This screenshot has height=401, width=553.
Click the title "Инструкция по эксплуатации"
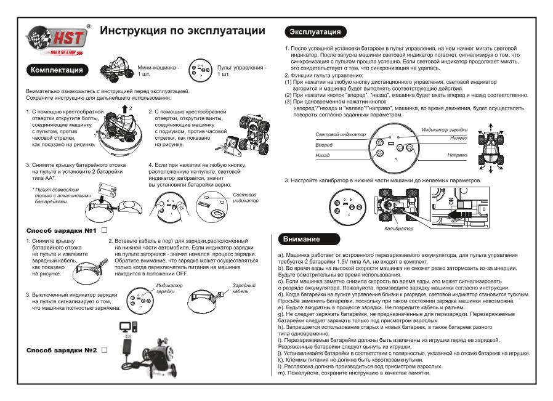(x=182, y=31)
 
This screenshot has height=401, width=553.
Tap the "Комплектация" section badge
(x=58, y=70)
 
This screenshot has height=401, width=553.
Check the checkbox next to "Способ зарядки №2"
(x=104, y=350)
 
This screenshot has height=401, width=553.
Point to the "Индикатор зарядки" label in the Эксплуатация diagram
(x=446, y=131)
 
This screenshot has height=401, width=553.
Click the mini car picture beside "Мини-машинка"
(x=117, y=70)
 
